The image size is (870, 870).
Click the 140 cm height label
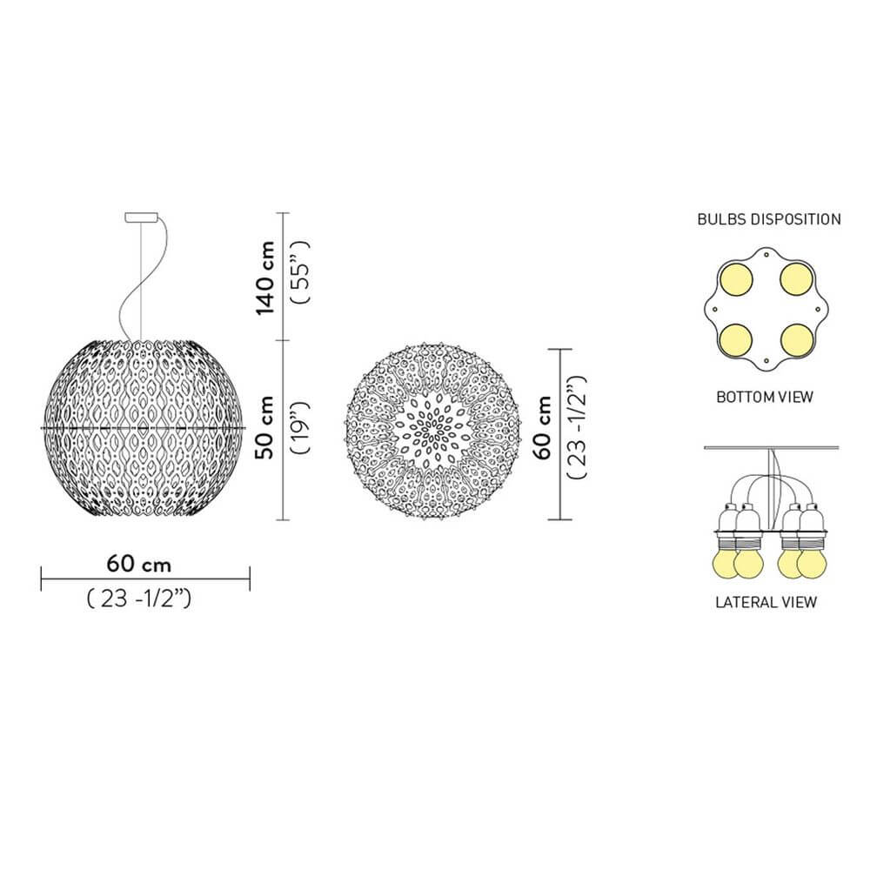pyautogui.click(x=265, y=278)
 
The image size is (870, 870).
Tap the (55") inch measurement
pyautogui.click(x=300, y=272)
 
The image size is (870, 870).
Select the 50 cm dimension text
pyautogui.click(x=265, y=427)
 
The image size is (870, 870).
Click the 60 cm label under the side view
pyautogui.click(x=138, y=565)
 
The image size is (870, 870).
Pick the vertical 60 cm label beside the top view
pyautogui.click(x=542, y=427)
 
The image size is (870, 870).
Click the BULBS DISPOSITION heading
pyautogui.click(x=769, y=219)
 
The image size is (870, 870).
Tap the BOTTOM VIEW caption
pyautogui.click(x=765, y=398)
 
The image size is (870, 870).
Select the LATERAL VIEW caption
pyautogui.click(x=766, y=602)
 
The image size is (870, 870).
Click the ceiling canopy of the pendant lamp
pyautogui.click(x=142, y=217)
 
